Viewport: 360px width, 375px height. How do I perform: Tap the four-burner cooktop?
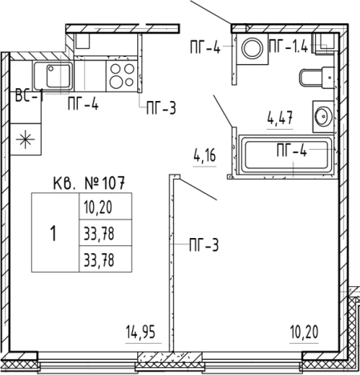tap(122, 76)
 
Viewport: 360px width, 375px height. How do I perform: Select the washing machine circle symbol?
tap(253, 48)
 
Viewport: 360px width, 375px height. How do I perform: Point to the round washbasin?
tap(323, 116)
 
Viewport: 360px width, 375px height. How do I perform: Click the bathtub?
tap(286, 155)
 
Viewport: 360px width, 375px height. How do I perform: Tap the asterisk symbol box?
tap(26, 139)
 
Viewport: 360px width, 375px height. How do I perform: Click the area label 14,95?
tap(140, 332)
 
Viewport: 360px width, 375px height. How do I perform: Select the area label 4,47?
tap(280, 118)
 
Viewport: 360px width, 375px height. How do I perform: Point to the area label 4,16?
tap(204, 155)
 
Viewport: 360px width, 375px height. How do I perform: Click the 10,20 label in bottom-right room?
tap(304, 332)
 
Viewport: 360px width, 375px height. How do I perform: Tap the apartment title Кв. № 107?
tap(89, 183)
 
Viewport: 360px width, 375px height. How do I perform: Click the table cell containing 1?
tap(55, 232)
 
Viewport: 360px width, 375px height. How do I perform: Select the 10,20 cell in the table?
tap(106, 206)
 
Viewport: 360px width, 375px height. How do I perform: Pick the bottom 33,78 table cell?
tap(106, 259)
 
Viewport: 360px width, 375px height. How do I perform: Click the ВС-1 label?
tap(30, 95)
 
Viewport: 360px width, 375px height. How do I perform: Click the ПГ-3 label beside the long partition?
tap(204, 245)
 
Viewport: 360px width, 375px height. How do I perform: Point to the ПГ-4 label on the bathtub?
tap(292, 151)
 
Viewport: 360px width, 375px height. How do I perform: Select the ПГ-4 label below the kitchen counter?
tap(83, 103)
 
